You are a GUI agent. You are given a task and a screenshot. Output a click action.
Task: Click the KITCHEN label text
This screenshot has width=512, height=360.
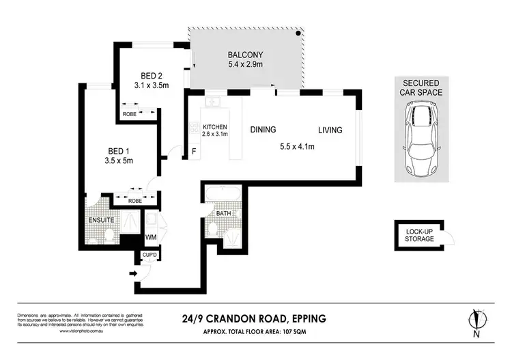214,128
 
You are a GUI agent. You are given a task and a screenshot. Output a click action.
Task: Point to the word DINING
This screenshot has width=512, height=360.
263,129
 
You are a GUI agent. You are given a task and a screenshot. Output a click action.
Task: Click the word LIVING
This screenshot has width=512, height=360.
329,129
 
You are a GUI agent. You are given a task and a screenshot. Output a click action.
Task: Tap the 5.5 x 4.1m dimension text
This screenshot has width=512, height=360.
297,145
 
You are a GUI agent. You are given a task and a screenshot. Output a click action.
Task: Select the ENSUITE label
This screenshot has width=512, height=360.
100,221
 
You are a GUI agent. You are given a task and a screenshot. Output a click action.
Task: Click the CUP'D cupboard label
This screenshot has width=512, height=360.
150,256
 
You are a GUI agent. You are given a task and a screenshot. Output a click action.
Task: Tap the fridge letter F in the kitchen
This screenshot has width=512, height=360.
194,151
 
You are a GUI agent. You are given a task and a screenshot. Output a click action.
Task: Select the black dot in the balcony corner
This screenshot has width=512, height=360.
298,33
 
